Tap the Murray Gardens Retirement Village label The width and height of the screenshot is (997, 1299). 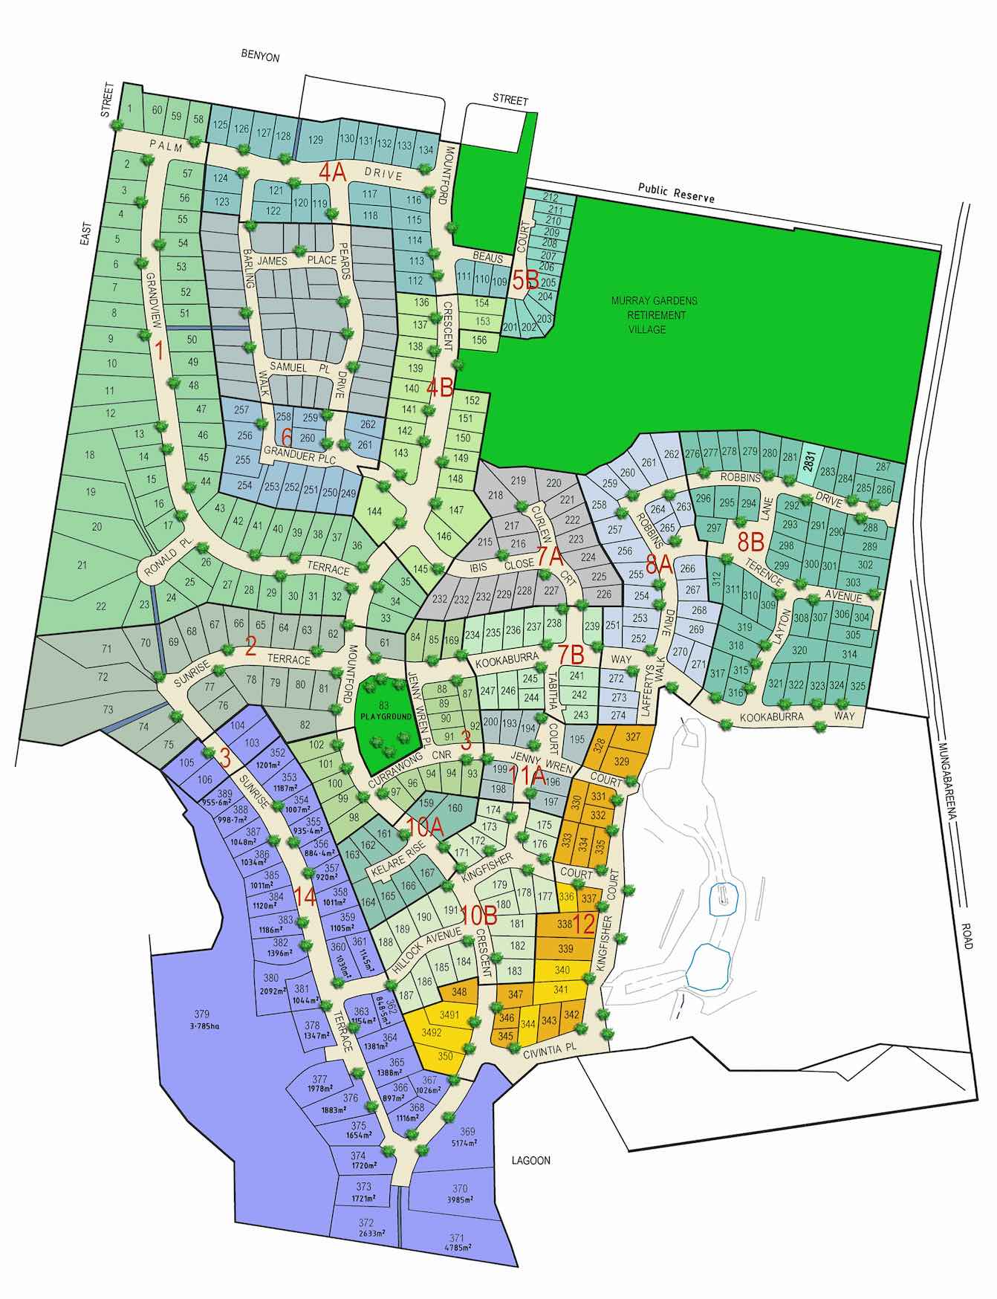pyautogui.click(x=654, y=314)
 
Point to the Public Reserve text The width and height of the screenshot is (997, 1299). pyautogui.click(x=675, y=193)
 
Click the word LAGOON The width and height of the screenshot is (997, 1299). pyautogui.click(x=531, y=1160)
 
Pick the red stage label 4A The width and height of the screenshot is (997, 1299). pyautogui.click(x=332, y=172)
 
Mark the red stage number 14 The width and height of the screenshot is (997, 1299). pyautogui.click(x=305, y=896)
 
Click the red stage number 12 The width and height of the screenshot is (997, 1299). pyautogui.click(x=585, y=925)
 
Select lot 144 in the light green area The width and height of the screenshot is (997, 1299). pyautogui.click(x=375, y=511)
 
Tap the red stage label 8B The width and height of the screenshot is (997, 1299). pyautogui.click(x=750, y=541)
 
